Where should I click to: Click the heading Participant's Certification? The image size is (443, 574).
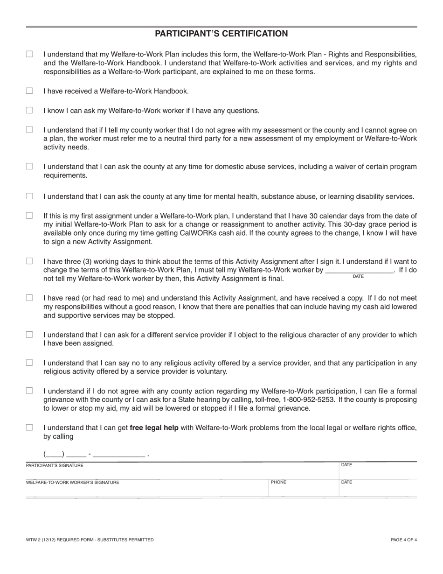coord(221,34)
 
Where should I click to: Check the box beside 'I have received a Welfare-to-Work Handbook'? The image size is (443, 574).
coord(29,91)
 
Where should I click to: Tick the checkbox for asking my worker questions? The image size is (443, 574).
coord(29,111)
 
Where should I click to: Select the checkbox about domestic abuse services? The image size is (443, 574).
coord(29,167)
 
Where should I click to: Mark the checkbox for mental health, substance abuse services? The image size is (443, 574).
coord(29,196)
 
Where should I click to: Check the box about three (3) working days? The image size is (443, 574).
coord(29,261)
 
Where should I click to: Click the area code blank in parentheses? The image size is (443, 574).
coord(53,454)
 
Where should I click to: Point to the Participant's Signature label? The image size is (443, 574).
coord(55,465)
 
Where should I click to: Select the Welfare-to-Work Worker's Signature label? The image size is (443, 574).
coord(72,483)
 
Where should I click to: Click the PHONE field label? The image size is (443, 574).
coord(278,482)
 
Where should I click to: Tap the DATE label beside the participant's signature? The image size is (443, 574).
coord(346,465)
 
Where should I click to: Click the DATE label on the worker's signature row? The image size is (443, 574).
coord(346,482)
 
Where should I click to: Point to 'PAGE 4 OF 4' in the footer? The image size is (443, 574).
coord(403,540)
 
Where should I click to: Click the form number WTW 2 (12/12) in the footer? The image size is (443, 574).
coord(46,540)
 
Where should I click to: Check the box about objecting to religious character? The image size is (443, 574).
coord(29,335)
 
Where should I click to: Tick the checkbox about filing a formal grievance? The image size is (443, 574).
coord(29,391)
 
